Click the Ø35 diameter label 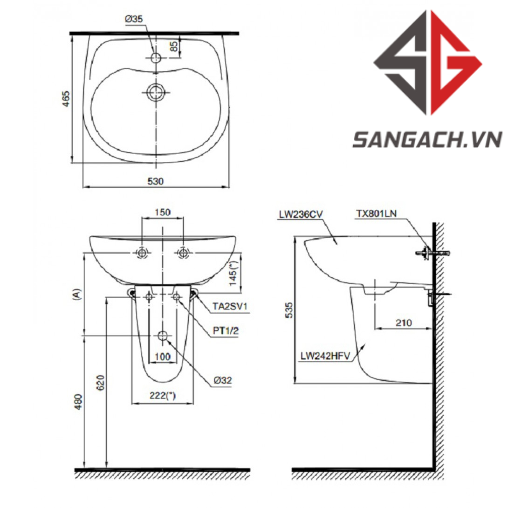coord(134,19)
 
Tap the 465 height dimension coord(66,98)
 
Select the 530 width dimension coord(156,181)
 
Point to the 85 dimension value coord(174,46)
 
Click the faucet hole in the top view coord(156,58)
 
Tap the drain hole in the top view coord(156,92)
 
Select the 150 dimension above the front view coord(162,212)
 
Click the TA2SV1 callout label coord(230,306)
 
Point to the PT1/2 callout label coord(226,330)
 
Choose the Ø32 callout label coord(223,380)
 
